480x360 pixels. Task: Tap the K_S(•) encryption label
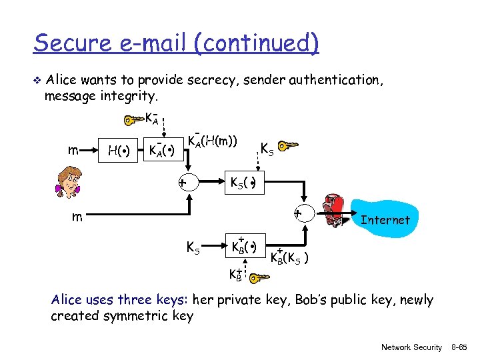coord(244,183)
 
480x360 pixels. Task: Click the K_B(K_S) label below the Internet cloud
coord(288,257)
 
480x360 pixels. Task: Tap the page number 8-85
coord(460,347)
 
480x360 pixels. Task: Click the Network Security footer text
coord(411,347)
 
